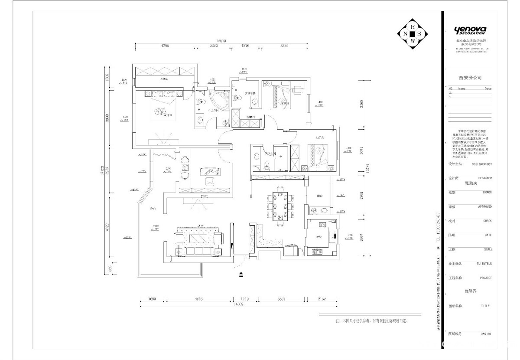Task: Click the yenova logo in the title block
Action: [x=470, y=30]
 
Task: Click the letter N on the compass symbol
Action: [x=405, y=33]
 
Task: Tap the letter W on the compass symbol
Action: [x=413, y=41]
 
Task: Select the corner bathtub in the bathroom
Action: [x=219, y=100]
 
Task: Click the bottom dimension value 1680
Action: [x=152, y=299]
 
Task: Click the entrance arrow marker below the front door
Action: [x=241, y=274]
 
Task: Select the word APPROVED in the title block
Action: [x=484, y=207]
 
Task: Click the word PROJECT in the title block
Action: [x=486, y=278]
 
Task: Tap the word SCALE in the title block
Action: [x=487, y=249]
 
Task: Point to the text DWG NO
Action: [x=485, y=334]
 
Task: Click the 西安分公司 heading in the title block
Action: [x=470, y=78]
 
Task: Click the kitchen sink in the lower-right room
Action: [x=323, y=225]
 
